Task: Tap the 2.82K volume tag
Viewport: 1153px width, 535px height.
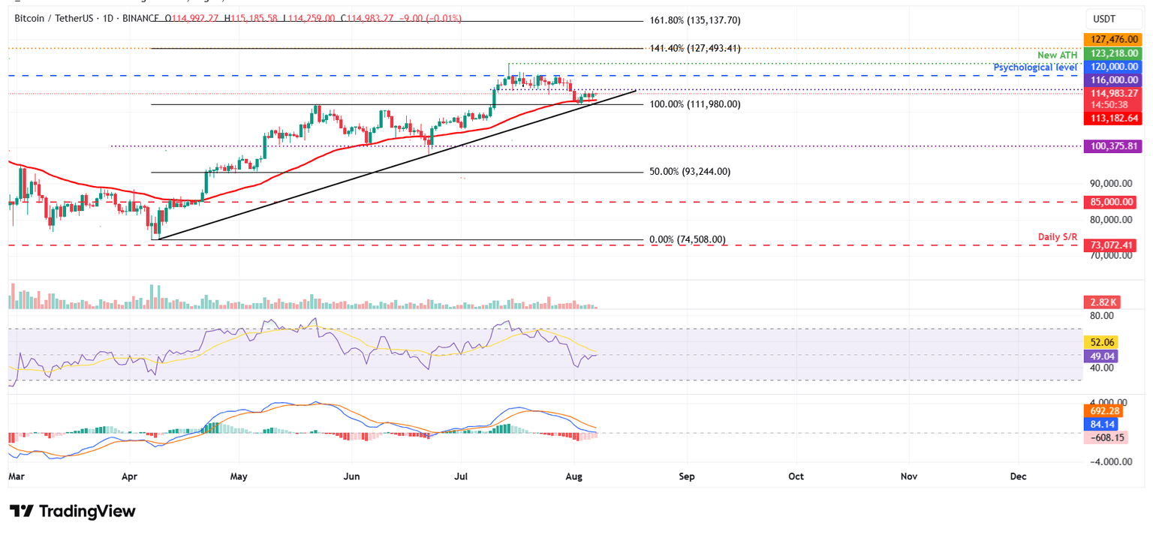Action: pyautogui.click(x=1100, y=302)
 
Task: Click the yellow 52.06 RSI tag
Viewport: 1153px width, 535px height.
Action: pyautogui.click(x=1100, y=342)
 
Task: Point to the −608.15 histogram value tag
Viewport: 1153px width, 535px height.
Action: pyautogui.click(x=1104, y=437)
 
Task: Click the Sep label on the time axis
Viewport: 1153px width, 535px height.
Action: pyautogui.click(x=685, y=476)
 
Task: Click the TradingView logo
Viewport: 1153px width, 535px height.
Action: pyautogui.click(x=73, y=512)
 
